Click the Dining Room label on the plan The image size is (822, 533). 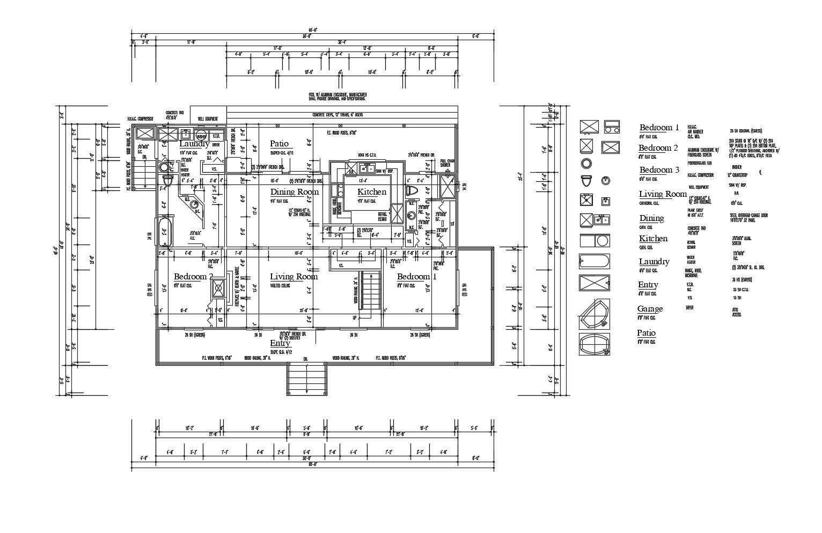pos(294,192)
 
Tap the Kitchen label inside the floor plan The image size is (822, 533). pos(372,192)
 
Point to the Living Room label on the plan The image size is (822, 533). pos(293,277)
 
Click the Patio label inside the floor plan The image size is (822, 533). pos(279,144)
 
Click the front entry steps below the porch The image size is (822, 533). pos(307,379)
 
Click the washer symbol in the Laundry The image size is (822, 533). pos(201,135)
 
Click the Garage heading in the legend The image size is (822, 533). pos(650,309)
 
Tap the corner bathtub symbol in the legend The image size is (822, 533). pos(594,314)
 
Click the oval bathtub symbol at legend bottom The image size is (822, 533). pos(595,344)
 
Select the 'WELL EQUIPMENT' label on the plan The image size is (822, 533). pos(208,119)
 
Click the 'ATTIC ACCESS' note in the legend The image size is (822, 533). pos(736,312)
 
